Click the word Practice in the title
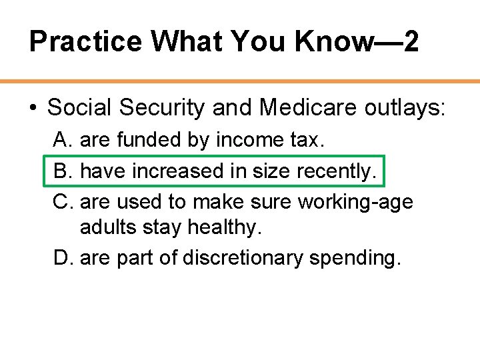(85, 42)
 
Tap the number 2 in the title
(411, 42)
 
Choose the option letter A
(62, 140)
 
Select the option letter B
(62, 171)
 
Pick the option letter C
(62, 202)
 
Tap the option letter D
(62, 257)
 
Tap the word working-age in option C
(355, 202)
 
